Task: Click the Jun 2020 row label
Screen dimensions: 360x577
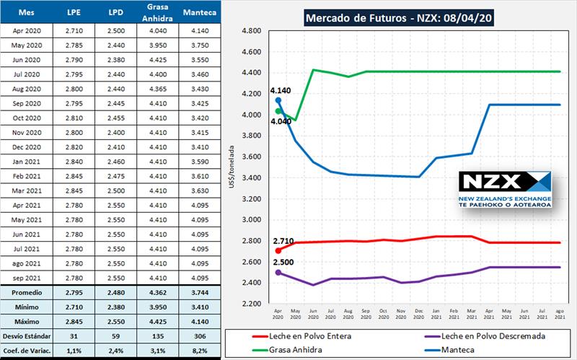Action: [29, 60]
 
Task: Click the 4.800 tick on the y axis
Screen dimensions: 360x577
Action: [252, 31]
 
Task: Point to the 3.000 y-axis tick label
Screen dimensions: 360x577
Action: [252, 220]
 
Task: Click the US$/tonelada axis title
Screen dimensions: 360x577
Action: [230, 167]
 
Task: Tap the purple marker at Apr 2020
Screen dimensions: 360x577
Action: [278, 273]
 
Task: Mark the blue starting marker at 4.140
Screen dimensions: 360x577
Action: [278, 101]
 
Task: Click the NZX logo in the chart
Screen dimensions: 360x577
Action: [505, 190]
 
